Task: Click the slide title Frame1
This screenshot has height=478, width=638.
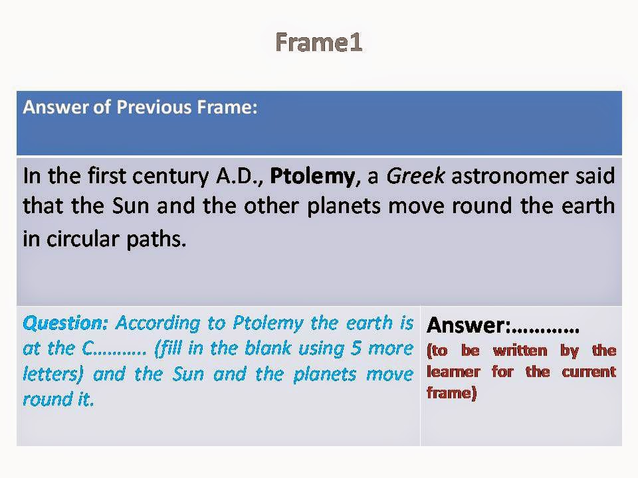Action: (318, 42)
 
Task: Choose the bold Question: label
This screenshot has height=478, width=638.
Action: (65, 323)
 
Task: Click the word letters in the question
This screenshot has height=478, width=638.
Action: (51, 374)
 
